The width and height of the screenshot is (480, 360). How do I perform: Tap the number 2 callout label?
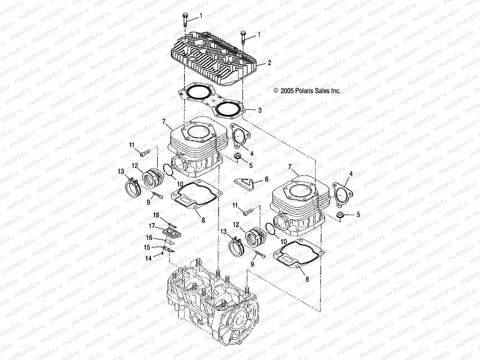[x=269, y=63]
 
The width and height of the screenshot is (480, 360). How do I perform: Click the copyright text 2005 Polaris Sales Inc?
[x=307, y=91]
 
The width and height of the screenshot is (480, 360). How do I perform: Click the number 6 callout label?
[x=266, y=179]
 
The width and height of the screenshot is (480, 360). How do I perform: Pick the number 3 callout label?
[x=260, y=110]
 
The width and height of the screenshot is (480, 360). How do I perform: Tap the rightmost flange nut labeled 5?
[x=340, y=214]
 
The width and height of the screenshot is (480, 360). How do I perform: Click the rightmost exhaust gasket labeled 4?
[x=342, y=193]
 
